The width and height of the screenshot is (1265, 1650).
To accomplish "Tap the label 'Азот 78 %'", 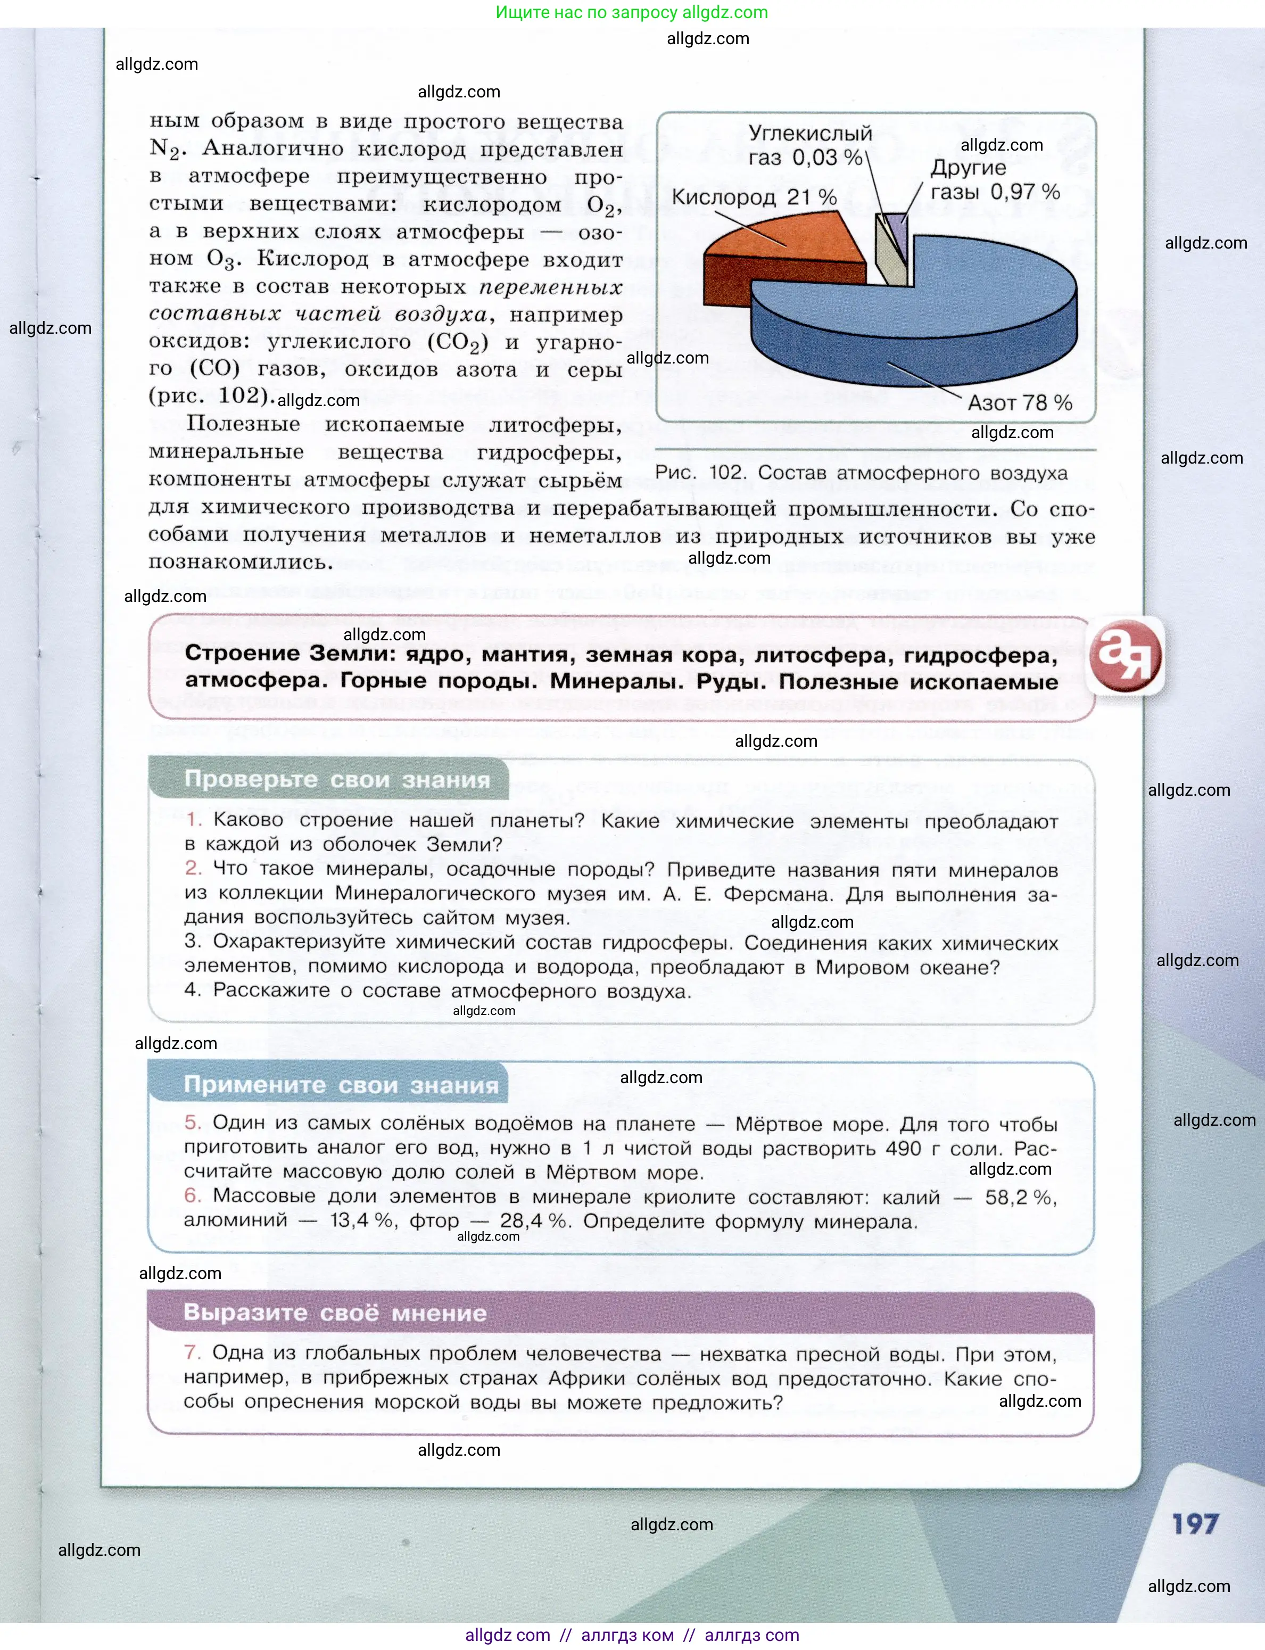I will click(x=1020, y=403).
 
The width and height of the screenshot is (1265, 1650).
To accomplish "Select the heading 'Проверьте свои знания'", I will click(x=336, y=779).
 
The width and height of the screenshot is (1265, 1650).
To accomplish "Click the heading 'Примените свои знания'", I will click(x=341, y=1085).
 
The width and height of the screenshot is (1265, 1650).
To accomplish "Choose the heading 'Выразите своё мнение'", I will click(x=335, y=1313).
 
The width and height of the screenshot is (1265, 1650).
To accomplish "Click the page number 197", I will click(x=1195, y=1524).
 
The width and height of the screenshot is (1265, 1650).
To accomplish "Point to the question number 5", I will click(x=192, y=1123).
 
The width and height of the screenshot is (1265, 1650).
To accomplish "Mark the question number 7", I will click(x=192, y=1352).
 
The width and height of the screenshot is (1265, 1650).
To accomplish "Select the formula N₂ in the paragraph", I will click(x=166, y=148).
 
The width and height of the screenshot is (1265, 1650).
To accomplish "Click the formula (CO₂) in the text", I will click(x=458, y=343).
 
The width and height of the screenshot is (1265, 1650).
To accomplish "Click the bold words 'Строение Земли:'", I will click(x=290, y=653).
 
